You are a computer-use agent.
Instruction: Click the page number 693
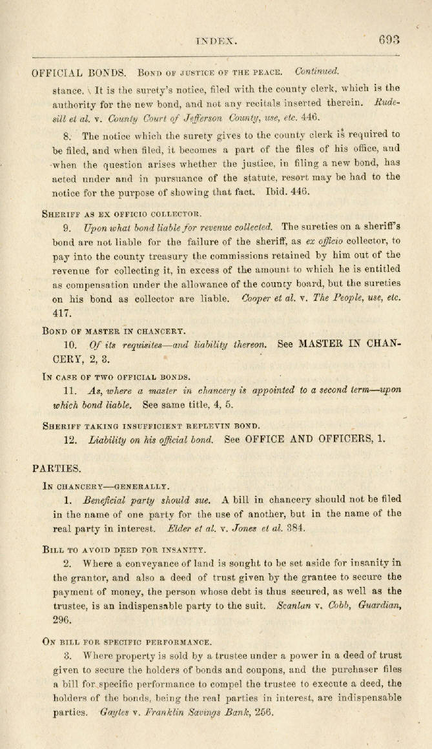pos(389,39)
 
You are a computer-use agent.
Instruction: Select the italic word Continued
pos(317,71)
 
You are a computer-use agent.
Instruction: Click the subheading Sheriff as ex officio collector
pos(122,212)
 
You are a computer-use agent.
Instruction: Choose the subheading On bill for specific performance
pos(127,642)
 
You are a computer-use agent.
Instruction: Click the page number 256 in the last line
pos(264,712)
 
